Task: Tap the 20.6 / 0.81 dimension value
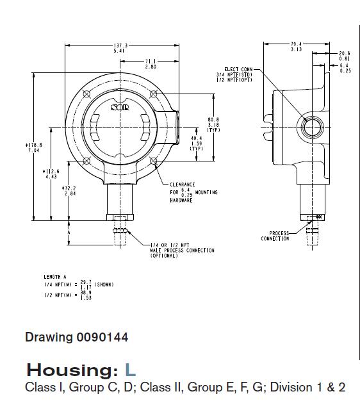pyautogui.click(x=344, y=56)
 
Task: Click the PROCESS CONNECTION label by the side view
pyautogui.click(x=275, y=236)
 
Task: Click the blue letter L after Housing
pyautogui.click(x=131, y=370)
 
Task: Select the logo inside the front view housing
pyautogui.click(x=120, y=108)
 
